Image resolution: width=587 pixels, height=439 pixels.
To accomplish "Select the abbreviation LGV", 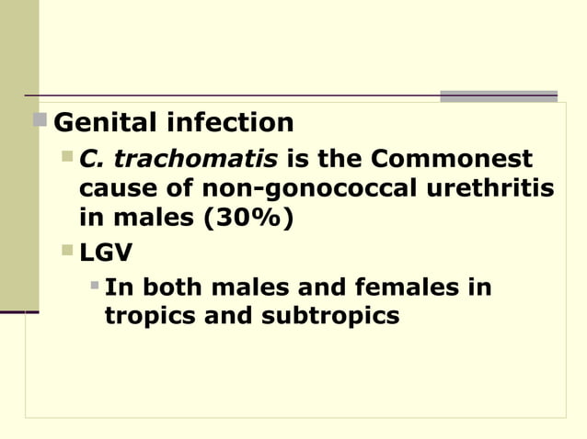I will click(106, 251).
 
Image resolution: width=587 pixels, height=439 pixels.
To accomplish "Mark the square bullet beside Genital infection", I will click(40, 120).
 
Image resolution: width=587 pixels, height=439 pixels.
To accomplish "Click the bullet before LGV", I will click(67, 250).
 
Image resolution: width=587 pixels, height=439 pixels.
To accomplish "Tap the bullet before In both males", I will click(94, 286).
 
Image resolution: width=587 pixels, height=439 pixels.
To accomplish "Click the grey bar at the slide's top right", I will click(498, 96).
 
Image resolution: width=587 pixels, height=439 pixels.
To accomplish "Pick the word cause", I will click(108, 189).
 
